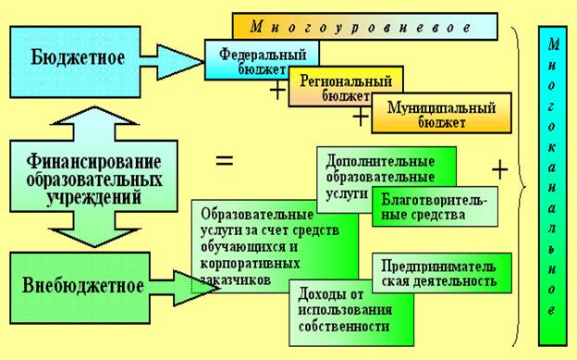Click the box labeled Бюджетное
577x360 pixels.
point(75,61)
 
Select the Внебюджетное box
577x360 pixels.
point(80,288)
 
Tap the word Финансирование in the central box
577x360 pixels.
point(93,162)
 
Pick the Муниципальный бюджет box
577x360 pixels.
point(441,113)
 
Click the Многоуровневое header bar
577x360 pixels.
point(364,27)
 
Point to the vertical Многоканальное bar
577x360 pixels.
point(552,186)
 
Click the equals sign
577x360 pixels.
point(225,161)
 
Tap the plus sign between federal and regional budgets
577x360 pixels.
point(277,91)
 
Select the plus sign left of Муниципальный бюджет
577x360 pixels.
point(361,117)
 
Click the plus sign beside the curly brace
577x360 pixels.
point(499,170)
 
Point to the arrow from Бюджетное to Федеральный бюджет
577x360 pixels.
point(172,62)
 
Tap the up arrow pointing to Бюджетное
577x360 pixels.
point(94,124)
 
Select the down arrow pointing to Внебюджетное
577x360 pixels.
point(94,230)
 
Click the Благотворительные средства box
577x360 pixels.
point(435,206)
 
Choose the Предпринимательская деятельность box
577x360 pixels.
point(442,273)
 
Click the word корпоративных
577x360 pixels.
point(251,264)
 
